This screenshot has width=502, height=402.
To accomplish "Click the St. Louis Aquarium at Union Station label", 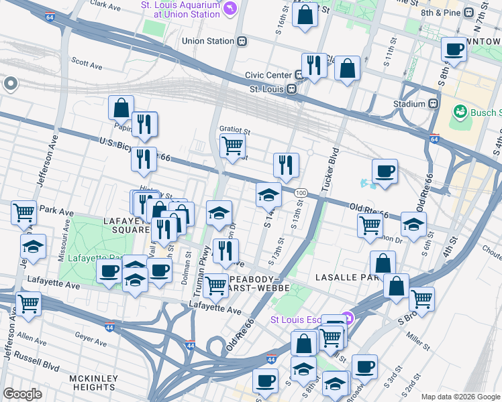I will (180, 10).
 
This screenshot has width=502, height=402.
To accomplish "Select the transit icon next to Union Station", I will (242, 41).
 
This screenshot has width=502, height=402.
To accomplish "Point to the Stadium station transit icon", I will (434, 104).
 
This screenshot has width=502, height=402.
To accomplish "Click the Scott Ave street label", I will (87, 64).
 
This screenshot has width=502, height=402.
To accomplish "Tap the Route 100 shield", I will (301, 193).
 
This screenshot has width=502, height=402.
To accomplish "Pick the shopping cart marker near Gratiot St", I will (232, 145).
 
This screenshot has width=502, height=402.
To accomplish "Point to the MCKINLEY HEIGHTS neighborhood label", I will (94, 384).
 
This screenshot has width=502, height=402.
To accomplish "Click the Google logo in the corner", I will (22, 394).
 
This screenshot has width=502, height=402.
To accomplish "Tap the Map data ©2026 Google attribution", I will (460, 397).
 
